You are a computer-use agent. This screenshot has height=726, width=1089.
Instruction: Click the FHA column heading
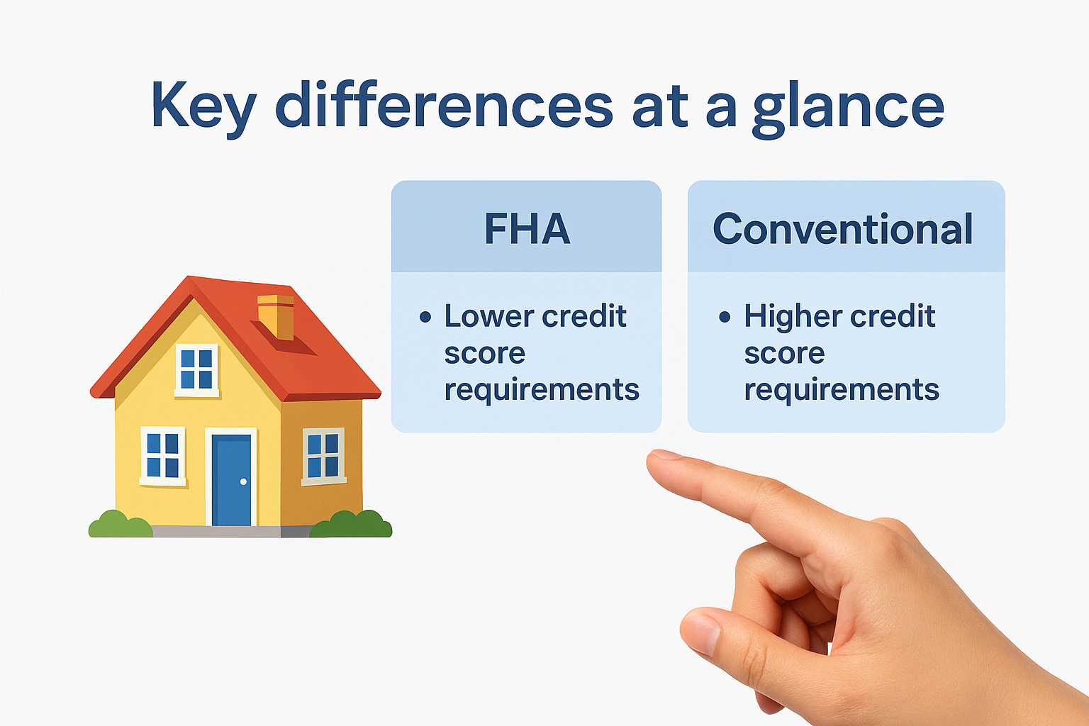pos(527,228)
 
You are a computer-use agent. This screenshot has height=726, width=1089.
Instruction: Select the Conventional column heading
pos(842,228)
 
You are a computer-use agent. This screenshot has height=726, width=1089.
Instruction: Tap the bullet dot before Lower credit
pos(425,317)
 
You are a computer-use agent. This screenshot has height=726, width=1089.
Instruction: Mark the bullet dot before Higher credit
pos(724,317)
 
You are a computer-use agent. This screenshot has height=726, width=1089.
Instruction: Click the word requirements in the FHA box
pos(542,390)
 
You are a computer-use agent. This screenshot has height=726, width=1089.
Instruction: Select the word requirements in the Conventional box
pos(842,390)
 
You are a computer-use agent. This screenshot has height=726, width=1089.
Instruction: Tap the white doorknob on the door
pos(243,482)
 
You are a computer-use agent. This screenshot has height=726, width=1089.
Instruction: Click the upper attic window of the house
pos(196,369)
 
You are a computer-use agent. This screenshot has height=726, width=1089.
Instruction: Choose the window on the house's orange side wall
pos(323,456)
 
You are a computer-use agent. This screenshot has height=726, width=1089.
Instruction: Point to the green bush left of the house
pos(119,525)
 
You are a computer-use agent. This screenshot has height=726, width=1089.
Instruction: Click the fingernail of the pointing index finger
pos(664,455)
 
